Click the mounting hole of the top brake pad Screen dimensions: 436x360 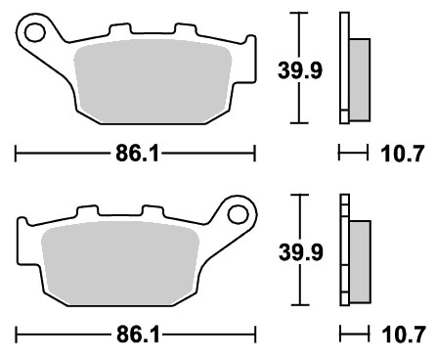pyautogui.click(x=34, y=33)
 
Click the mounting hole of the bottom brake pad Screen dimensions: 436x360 pyautogui.click(x=239, y=215)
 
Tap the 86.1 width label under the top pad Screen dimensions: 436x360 pyautogui.click(x=138, y=154)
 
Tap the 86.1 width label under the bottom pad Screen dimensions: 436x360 pyautogui.click(x=138, y=335)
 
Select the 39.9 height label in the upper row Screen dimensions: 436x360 pyautogui.click(x=300, y=70)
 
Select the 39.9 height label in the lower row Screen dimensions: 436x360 pyautogui.click(x=301, y=252)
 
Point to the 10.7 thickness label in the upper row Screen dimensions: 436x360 pyautogui.click(x=403, y=154)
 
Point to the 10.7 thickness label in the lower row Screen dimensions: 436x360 pyautogui.click(x=404, y=335)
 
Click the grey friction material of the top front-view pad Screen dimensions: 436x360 pyautogui.click(x=153, y=81)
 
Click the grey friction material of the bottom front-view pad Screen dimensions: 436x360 pyautogui.click(x=120, y=263)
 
